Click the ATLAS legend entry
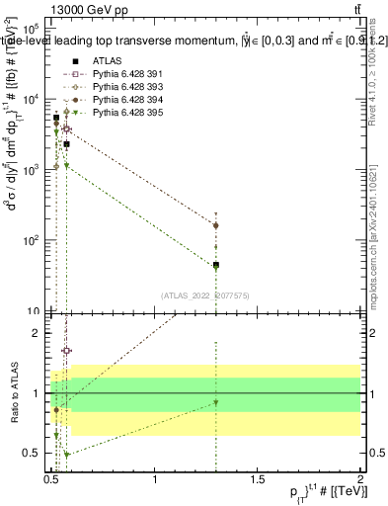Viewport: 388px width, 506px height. click(92, 62)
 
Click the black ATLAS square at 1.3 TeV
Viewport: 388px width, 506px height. click(216, 265)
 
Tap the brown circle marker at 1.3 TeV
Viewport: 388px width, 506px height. click(216, 225)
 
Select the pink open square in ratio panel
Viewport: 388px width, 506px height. click(66, 351)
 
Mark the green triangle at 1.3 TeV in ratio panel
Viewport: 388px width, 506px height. click(216, 402)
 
